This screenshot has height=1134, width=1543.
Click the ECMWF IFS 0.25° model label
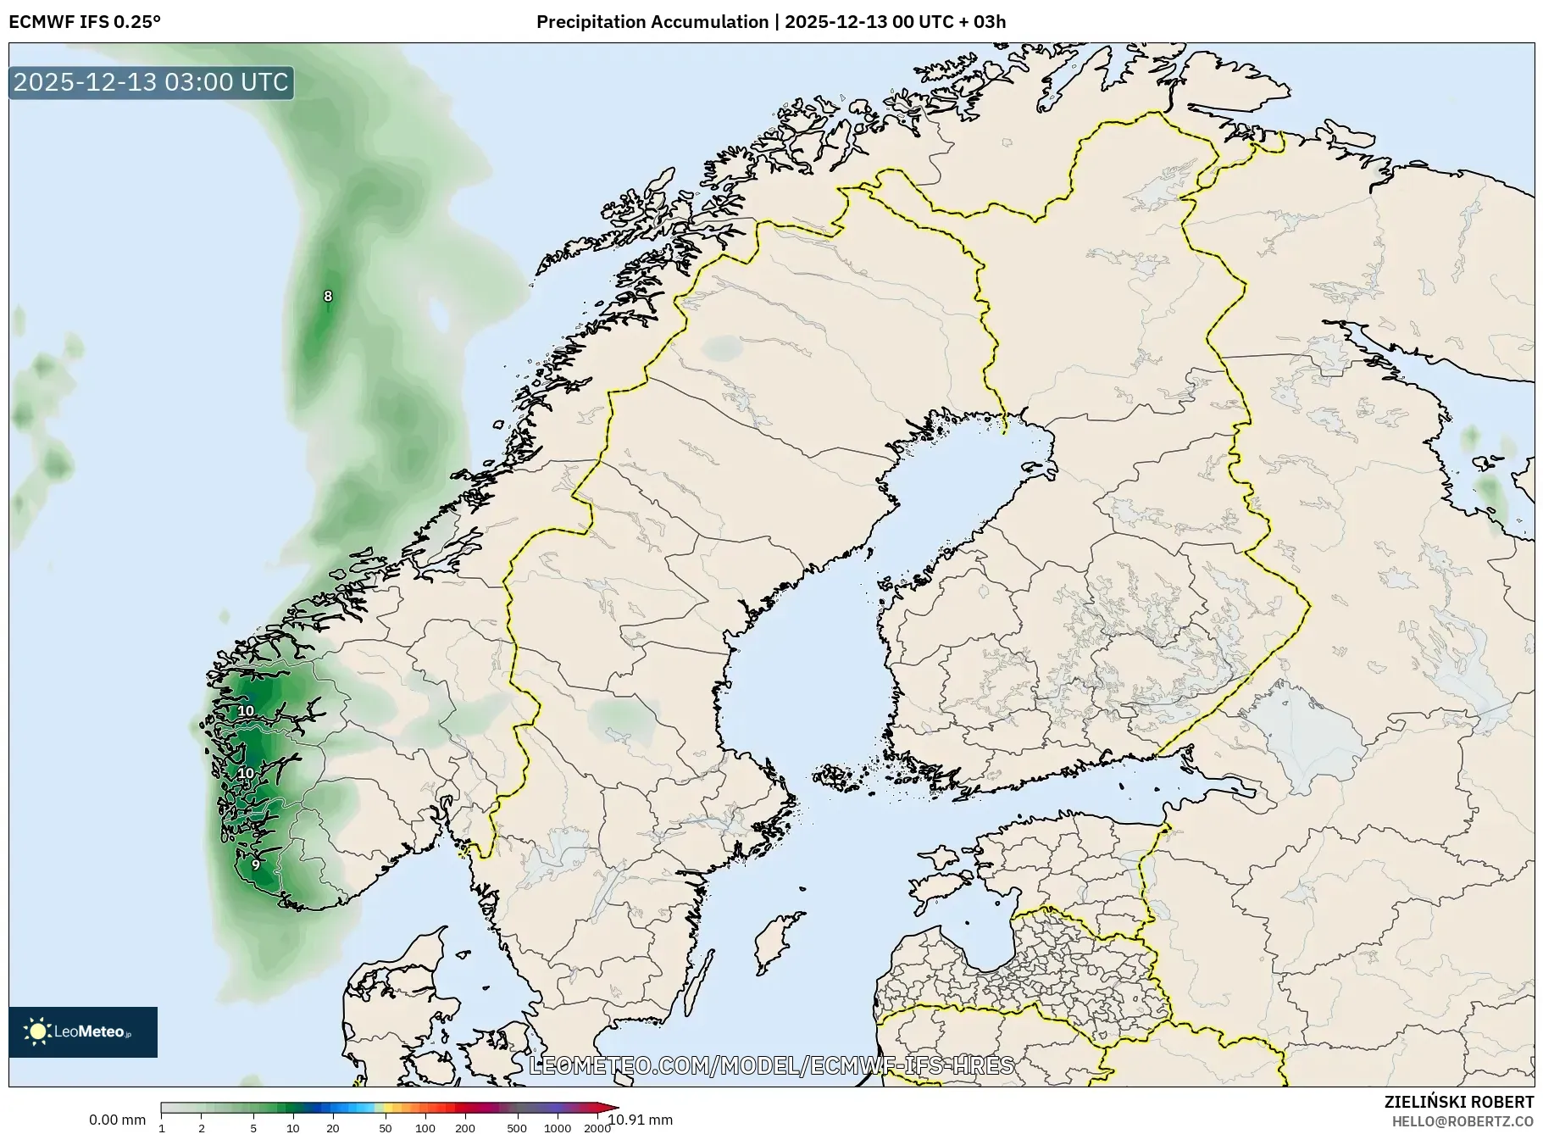tap(85, 22)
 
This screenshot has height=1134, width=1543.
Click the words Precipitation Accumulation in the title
tap(652, 22)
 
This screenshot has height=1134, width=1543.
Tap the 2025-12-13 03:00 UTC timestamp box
tap(152, 82)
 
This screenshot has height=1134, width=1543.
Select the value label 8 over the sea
tap(328, 296)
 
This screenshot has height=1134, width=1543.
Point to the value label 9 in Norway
tap(256, 864)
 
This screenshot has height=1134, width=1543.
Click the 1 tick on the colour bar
tap(162, 1127)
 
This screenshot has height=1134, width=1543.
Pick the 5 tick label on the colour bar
tap(253, 1127)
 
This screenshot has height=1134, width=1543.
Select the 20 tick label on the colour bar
tap(332, 1127)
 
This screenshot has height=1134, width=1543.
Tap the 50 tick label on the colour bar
tap(386, 1127)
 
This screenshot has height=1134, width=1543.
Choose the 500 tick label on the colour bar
tap(517, 1127)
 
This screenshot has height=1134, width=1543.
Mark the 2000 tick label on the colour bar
tap(597, 1127)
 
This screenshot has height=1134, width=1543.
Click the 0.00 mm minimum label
tap(117, 1120)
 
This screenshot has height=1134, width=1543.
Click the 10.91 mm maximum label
tap(641, 1120)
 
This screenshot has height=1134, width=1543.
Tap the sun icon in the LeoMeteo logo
tap(37, 1031)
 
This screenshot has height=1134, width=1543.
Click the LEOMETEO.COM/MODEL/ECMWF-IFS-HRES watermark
tap(771, 1065)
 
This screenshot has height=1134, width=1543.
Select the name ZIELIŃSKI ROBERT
tap(1458, 1102)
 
